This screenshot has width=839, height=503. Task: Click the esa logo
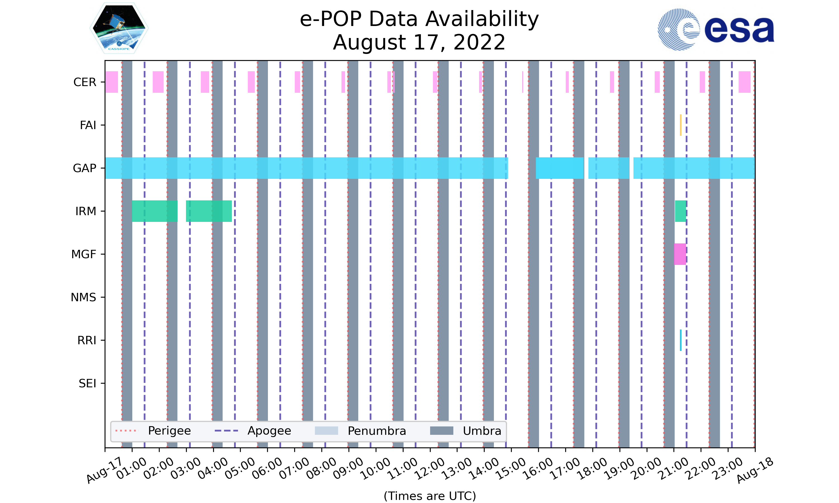click(x=716, y=30)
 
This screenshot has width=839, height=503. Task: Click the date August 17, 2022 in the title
click(x=419, y=42)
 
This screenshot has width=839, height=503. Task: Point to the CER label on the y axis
click(x=85, y=82)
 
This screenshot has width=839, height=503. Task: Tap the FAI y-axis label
click(x=88, y=125)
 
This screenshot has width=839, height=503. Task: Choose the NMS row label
click(x=83, y=297)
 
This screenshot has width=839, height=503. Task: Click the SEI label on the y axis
click(x=88, y=383)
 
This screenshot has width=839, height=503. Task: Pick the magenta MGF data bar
click(x=680, y=254)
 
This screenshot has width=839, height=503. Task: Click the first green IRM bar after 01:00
click(x=155, y=211)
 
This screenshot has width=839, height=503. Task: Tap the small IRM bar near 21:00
click(x=680, y=211)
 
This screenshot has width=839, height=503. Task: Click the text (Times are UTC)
click(x=430, y=496)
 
